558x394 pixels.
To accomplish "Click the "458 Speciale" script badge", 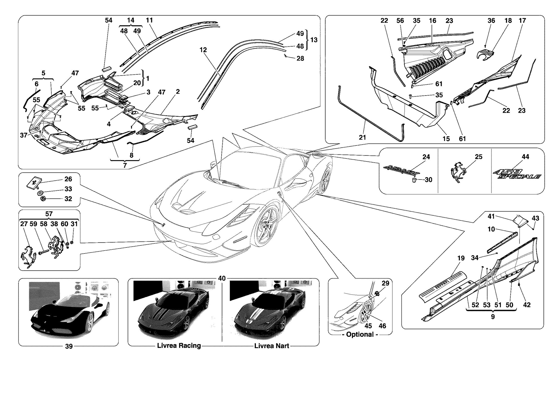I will pos(517,174).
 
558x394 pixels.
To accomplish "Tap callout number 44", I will pos(525,157).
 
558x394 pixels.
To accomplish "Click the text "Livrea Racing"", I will pos(179,346).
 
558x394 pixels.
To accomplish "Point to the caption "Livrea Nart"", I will pos(271,346).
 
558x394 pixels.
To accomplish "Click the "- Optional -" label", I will pos(360,335).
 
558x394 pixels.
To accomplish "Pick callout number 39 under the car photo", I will pos(69,346).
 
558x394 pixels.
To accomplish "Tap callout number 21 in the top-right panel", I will pos(362,138).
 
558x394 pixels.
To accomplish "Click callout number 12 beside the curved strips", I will pos(203,50).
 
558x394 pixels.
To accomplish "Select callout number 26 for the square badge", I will pos(68,179).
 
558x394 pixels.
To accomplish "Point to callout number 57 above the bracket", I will pos(49,214).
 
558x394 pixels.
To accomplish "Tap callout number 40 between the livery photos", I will pos(222,278).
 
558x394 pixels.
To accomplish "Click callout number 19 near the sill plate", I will pos(461,258).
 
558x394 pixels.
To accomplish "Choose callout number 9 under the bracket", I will pos(493,317).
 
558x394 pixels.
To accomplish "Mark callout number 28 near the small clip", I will pos(300,58).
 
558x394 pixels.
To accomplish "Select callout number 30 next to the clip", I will pos(429,180).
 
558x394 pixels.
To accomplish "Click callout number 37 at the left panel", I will pos(24,135).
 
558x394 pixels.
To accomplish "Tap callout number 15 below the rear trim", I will pos(446,139).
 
